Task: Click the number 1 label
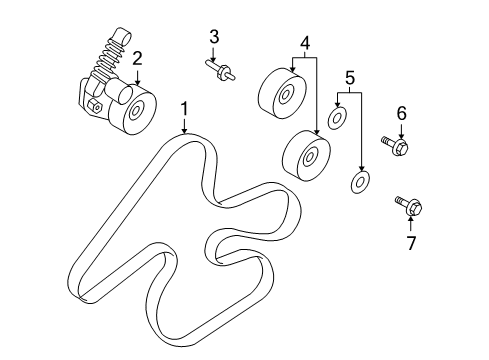click(183, 107)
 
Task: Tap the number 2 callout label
click(137, 58)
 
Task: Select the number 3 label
click(214, 37)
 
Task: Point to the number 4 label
click(304, 44)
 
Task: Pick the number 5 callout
click(349, 77)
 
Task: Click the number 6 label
click(401, 114)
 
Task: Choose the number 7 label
click(410, 242)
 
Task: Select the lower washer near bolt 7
click(357, 183)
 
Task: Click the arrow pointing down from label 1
click(183, 125)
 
